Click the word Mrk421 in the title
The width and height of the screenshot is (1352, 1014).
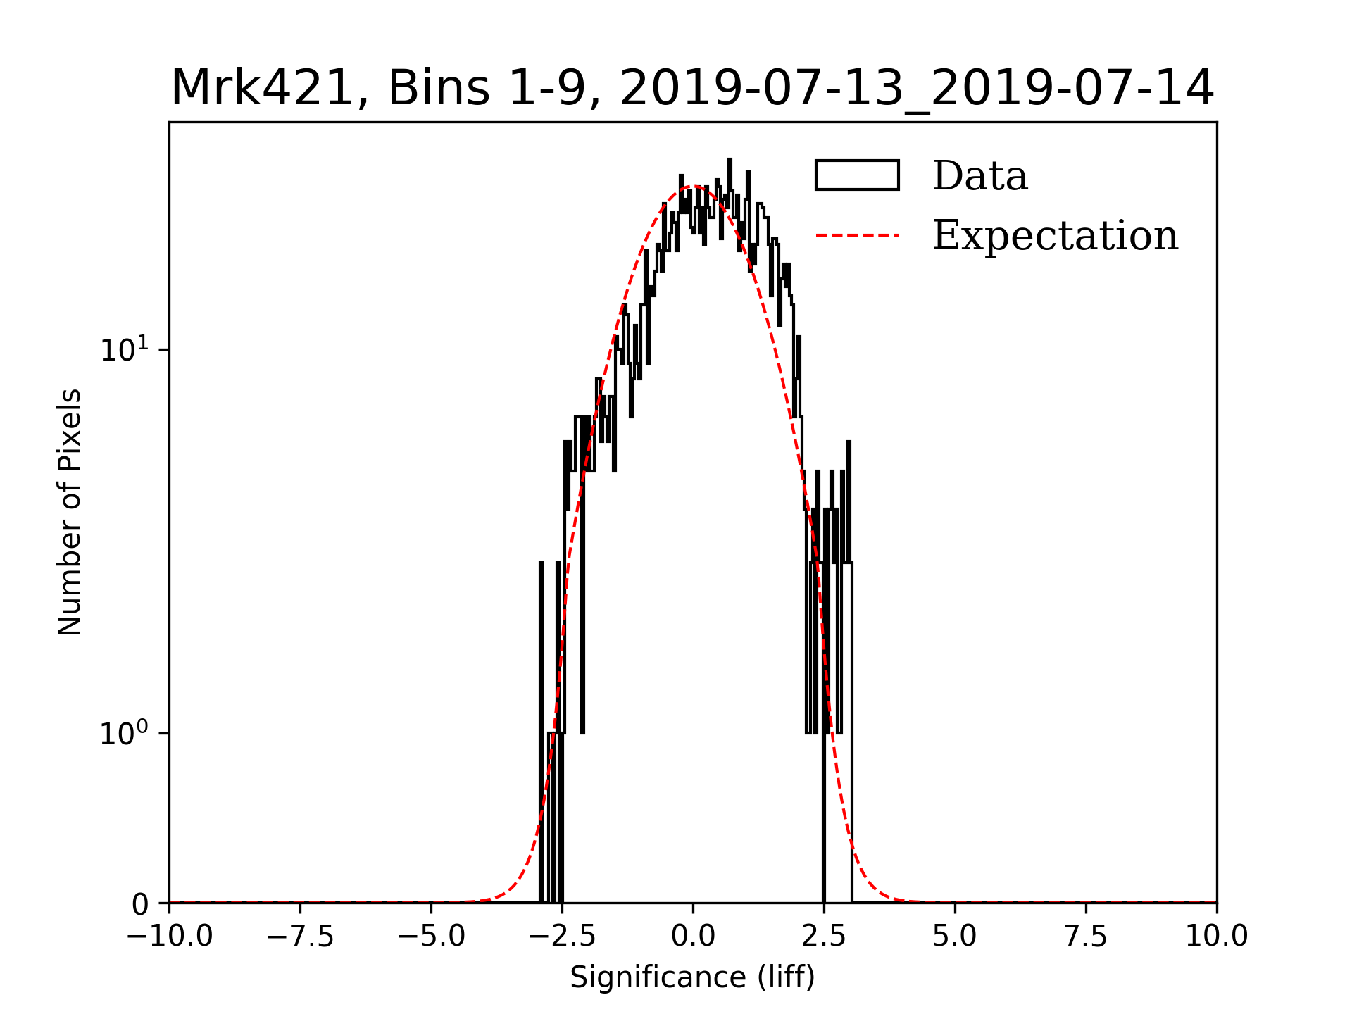[261, 89]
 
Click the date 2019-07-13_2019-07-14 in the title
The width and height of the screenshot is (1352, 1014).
[917, 89]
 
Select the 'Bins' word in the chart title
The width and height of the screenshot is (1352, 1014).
[439, 89]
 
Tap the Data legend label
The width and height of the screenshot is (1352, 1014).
[979, 176]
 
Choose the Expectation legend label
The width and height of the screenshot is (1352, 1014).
[1055, 235]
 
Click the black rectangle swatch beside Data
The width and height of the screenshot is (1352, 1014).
[857, 175]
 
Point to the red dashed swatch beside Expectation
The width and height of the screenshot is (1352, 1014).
[857, 235]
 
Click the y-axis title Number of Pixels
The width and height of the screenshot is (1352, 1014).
[70, 512]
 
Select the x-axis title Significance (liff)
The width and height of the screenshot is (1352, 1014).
[692, 977]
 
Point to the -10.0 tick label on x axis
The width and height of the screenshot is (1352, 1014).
[169, 937]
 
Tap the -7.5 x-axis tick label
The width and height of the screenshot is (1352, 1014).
[300, 937]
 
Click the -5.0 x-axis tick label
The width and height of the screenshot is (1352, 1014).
[431, 937]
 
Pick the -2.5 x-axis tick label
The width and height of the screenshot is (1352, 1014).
[562, 937]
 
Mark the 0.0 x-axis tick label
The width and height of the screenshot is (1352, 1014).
[693, 937]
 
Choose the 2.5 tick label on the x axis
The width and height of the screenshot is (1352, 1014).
[824, 937]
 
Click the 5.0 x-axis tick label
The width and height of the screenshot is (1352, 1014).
[955, 937]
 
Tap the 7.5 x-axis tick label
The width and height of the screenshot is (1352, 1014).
[1086, 937]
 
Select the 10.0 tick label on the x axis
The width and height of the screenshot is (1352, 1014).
[1217, 937]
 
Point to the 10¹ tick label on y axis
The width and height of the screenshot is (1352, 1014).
[125, 349]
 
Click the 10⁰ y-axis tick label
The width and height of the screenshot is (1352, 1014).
[125, 733]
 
